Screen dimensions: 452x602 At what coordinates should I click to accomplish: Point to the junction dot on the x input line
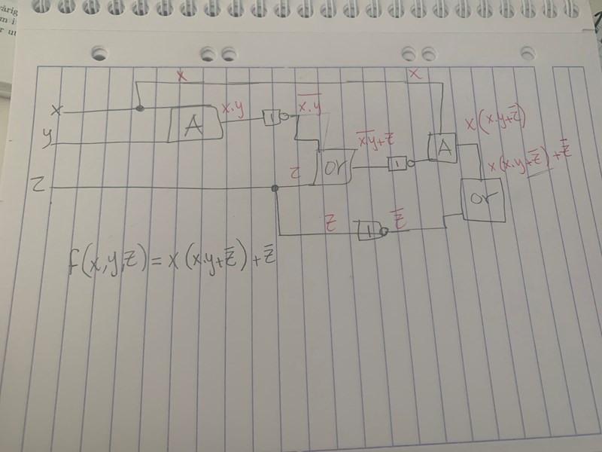pos(139,109)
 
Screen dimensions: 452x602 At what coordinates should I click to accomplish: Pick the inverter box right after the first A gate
pos(273,118)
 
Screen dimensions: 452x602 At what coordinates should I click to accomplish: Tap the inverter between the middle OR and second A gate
pos(398,165)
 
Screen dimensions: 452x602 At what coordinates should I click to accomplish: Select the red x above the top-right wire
pos(413,74)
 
